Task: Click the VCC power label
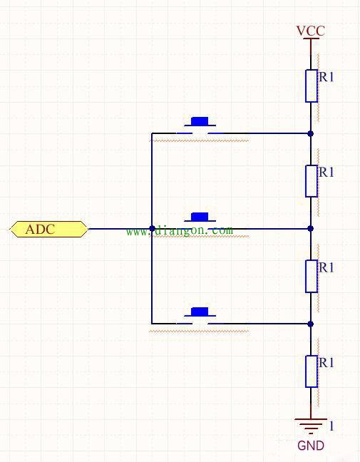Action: [311, 31]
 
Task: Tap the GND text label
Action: [311, 446]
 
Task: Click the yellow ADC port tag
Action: [49, 229]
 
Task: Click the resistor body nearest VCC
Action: [311, 86]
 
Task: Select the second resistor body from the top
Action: [311, 181]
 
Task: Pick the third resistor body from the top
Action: [311, 276]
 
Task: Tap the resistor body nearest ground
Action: [311, 371]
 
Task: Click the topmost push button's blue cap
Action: [200, 121]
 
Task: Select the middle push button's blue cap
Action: [200, 217]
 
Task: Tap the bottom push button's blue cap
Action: [200, 312]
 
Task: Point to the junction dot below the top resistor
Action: [311, 133]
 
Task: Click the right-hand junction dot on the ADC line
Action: [311, 228]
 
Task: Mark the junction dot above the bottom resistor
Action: [311, 324]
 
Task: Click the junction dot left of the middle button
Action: [152, 228]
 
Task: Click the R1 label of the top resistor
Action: [326, 77]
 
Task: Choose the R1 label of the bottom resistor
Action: [326, 363]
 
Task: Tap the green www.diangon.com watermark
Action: [180, 230]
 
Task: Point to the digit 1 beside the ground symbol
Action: [331, 426]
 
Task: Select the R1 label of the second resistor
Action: [326, 172]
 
